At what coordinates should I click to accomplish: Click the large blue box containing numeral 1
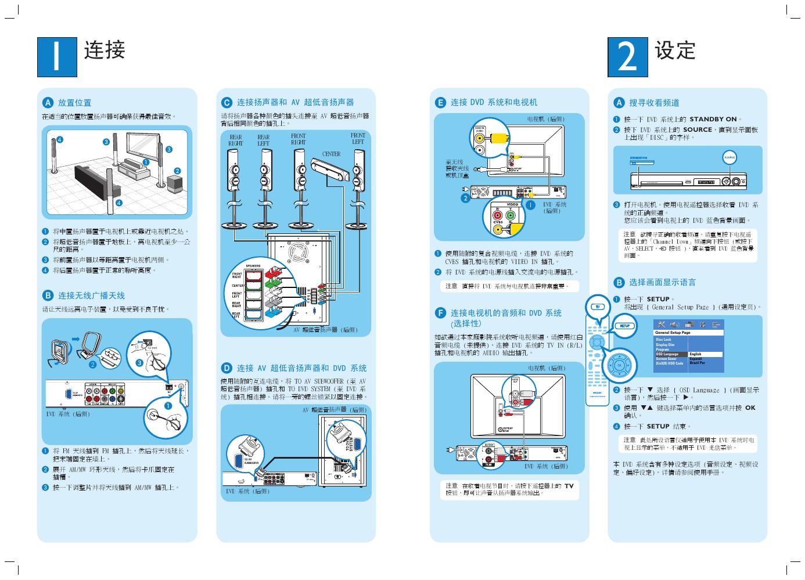(57, 57)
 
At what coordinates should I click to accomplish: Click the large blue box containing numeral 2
(628, 57)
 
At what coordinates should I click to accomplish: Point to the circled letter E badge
(440, 102)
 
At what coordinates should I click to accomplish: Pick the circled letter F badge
(440, 313)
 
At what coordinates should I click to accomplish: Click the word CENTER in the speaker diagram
(331, 154)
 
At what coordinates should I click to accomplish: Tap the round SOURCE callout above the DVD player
(729, 157)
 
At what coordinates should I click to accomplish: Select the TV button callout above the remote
(596, 307)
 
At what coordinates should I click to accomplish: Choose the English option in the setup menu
(696, 354)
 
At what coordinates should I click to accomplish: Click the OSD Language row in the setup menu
(668, 354)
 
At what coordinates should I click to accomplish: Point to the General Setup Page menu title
(673, 333)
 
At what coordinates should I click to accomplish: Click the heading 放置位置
(74, 103)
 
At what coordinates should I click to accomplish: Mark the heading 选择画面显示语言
(662, 282)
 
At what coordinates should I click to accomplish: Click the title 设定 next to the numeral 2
(675, 51)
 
